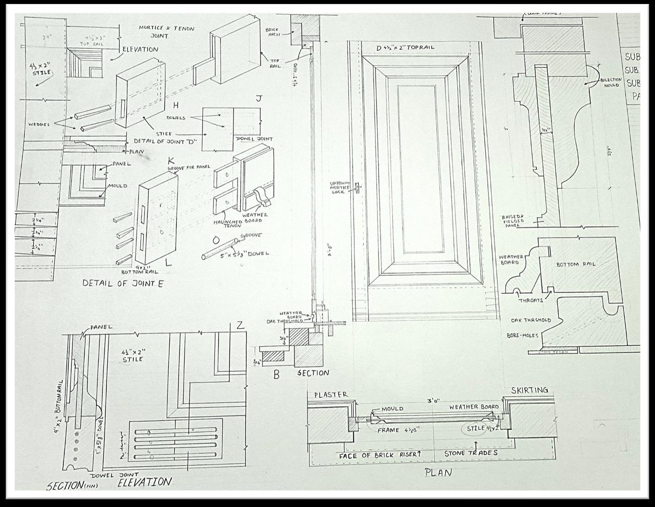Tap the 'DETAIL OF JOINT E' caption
123,283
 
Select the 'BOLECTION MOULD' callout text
611,82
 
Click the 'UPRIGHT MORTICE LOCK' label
340,188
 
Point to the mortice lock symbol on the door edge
359,188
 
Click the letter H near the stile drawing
175,106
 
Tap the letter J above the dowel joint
259,99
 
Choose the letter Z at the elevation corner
240,326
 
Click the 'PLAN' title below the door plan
438,473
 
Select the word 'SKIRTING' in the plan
529,390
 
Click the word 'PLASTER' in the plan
330,395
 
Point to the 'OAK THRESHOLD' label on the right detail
531,320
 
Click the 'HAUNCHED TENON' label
227,224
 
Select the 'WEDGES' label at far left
39,125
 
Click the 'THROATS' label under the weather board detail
530,300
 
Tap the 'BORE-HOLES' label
522,335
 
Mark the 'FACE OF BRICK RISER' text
379,455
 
